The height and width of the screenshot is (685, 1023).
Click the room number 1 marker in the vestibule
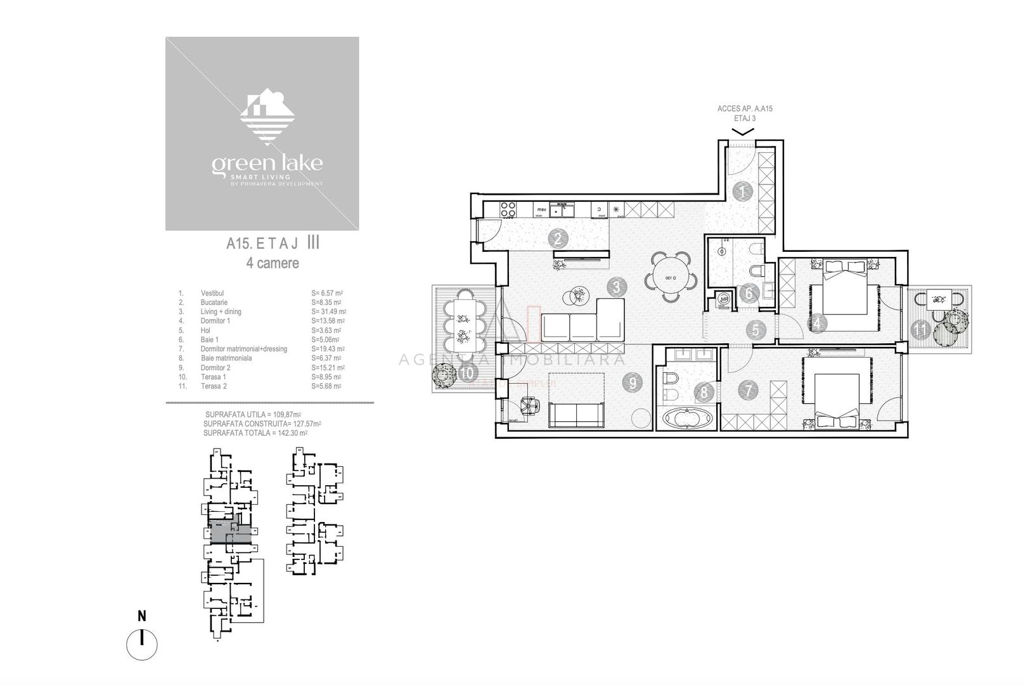click(741, 191)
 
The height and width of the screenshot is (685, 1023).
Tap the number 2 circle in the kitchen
click(558, 239)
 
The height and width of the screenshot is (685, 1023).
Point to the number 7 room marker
click(749, 390)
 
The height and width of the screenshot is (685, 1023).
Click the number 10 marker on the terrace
click(467, 373)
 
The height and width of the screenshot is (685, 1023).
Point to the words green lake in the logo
click(267, 164)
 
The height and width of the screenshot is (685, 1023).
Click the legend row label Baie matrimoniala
click(226, 358)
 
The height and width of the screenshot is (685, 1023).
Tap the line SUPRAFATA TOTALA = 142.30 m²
click(255, 433)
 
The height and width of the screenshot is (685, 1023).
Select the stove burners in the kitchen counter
click(509, 209)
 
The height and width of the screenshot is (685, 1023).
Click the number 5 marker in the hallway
click(756, 330)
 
